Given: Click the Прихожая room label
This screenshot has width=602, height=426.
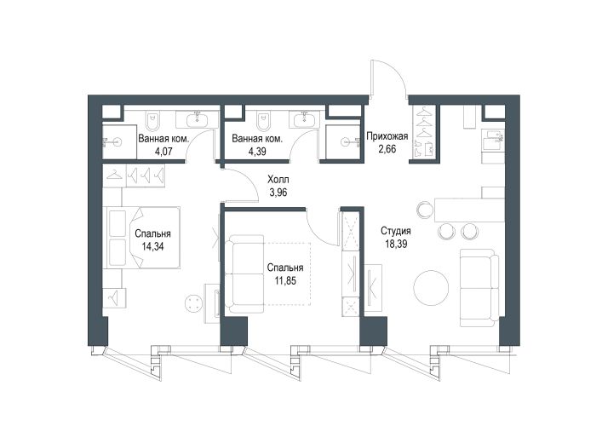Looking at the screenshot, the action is click(387, 136).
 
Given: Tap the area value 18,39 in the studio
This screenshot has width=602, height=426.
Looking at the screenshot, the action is click(396, 244).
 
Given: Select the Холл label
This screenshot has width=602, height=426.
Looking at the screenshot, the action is click(278, 180).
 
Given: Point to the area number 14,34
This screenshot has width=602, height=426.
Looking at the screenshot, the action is click(152, 246).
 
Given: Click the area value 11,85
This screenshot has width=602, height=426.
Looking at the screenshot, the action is click(285, 281).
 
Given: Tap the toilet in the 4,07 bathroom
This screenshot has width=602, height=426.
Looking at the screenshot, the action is click(152, 121).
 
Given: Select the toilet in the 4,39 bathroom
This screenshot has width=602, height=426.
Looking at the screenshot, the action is click(263, 121).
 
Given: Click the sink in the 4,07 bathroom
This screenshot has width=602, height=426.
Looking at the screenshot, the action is click(198, 119).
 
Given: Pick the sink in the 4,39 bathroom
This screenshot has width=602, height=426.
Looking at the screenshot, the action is click(305, 119).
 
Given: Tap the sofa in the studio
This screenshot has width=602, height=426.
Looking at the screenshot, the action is click(479, 288).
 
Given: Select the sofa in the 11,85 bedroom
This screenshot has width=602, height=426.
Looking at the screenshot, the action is click(244, 274).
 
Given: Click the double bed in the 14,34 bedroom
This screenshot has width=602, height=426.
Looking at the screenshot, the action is click(141, 237).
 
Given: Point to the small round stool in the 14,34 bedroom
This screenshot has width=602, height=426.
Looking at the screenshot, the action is click(193, 303).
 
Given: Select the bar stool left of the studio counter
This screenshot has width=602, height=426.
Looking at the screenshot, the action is click(426, 210).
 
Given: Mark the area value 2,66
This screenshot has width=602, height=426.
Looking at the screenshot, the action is click(387, 149).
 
